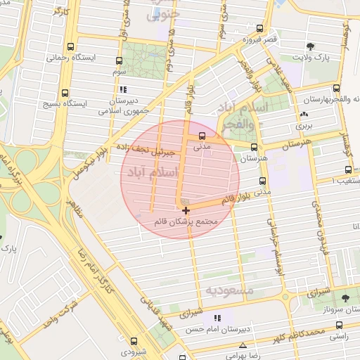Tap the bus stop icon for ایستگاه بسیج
pos(65,93)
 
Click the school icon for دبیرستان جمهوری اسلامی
pos(124,89)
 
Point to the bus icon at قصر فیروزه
pos(260,29)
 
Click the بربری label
pos(302,125)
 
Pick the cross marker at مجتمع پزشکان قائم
pos(186,210)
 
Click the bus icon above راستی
pos(340,325)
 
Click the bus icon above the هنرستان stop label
pos(255,146)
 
